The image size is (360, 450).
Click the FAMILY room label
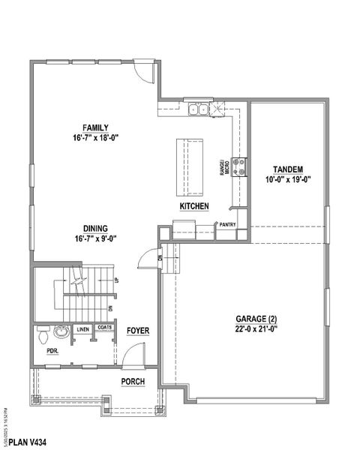(96, 127)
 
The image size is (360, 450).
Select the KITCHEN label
(193, 205)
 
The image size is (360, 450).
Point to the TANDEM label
(287, 169)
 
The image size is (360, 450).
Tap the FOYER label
(136, 330)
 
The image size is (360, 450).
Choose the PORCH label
(133, 382)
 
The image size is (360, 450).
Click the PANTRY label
(227, 223)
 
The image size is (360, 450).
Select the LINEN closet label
(82, 328)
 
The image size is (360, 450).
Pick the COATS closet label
(104, 328)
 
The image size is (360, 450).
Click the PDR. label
(52, 349)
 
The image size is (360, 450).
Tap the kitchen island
(191, 163)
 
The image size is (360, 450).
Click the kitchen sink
(199, 109)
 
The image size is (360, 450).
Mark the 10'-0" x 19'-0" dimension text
(287, 178)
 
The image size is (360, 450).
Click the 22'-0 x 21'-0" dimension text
(256, 328)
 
